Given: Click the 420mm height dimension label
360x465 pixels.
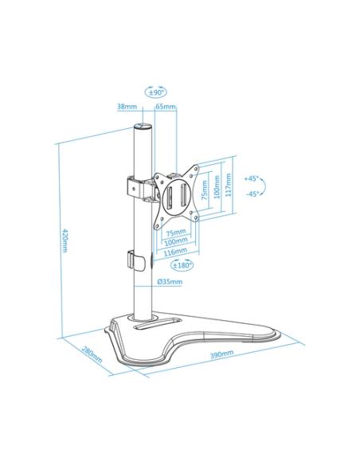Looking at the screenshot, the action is point(64,240).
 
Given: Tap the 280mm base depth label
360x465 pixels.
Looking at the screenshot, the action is point(92,354).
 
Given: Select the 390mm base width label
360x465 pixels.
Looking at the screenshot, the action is point(221,354).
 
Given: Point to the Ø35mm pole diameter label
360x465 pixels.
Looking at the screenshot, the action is point(170,281).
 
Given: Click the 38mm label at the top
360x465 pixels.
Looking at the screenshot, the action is point(127,106).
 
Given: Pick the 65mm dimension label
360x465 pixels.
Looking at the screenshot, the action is point(166,106).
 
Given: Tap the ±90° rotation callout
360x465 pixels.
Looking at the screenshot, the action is point(156,92).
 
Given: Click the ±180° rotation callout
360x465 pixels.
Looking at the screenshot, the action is point(182,265).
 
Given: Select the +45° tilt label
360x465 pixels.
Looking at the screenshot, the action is point(251,178).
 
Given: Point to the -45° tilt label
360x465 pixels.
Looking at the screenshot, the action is point(252,193).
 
